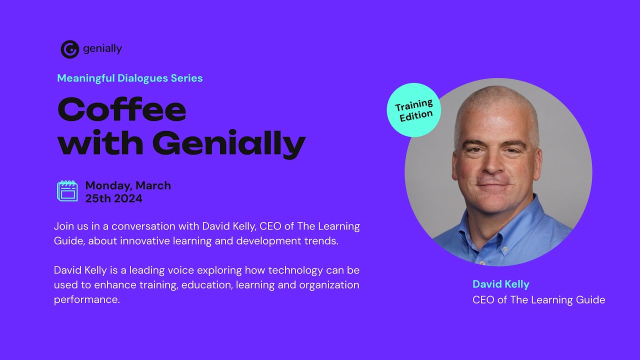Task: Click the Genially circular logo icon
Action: click(x=70, y=49)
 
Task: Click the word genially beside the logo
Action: click(x=102, y=49)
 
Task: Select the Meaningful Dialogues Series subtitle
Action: click(x=130, y=78)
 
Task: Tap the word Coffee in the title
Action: click(x=122, y=109)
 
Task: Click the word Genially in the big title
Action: click(x=228, y=143)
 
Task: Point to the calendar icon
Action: click(x=67, y=191)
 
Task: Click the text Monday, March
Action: click(x=128, y=185)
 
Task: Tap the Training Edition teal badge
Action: click(x=414, y=110)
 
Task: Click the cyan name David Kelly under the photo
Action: click(x=500, y=284)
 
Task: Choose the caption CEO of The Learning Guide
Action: click(x=538, y=300)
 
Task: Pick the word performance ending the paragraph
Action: click(x=87, y=300)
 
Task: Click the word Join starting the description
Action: click(x=63, y=226)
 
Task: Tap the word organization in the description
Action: click(x=329, y=285)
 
